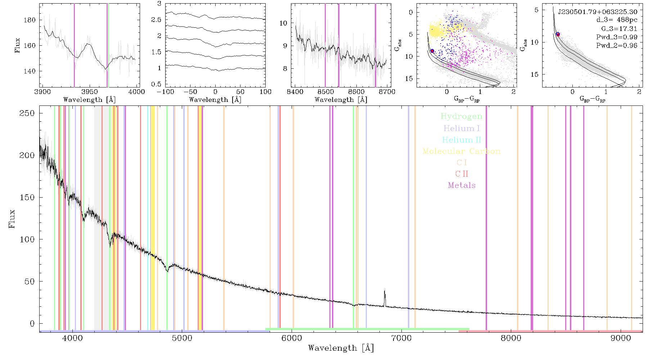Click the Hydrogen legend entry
pyautogui.click(x=461, y=116)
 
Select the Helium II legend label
pyautogui.click(x=462, y=140)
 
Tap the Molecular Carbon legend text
pyautogui.click(x=462, y=151)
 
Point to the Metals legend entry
pyautogui.click(x=462, y=185)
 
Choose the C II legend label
pyautogui.click(x=462, y=174)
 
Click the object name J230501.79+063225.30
pyautogui.click(x=598, y=12)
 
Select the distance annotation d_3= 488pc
pyautogui.click(x=617, y=20)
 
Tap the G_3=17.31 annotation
pyautogui.click(x=619, y=29)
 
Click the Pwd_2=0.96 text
pyautogui.click(x=617, y=46)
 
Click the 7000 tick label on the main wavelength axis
pyautogui.click(x=401, y=338)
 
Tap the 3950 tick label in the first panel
pyautogui.click(x=90, y=92)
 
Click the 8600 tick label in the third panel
pyautogui.click(x=356, y=92)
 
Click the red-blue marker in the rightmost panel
pyautogui.click(x=558, y=34)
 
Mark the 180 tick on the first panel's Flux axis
pyautogui.click(x=30, y=20)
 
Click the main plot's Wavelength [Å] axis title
pyautogui.click(x=341, y=348)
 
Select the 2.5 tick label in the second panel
pyautogui.click(x=156, y=20)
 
